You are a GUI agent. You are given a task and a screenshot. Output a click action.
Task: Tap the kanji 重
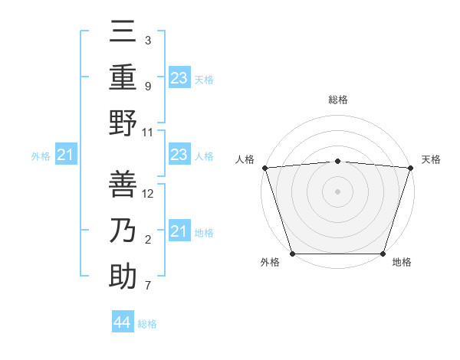coord(123,78)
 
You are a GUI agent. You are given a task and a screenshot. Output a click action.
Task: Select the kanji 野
coord(123,123)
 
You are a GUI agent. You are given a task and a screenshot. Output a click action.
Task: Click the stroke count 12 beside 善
coord(148,194)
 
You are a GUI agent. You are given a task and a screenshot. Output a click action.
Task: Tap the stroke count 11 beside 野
coord(148,132)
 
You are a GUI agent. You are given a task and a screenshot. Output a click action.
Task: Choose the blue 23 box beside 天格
coord(179,78)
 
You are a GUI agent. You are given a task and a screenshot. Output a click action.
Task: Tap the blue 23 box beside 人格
coord(179,155)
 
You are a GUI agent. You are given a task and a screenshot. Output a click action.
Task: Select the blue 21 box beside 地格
coord(179,231)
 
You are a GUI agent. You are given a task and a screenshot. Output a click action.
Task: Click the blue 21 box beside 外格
coord(66,155)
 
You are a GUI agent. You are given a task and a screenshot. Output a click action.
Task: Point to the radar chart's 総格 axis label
coord(337,100)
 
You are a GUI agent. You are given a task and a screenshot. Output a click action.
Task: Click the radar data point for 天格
coord(410,167)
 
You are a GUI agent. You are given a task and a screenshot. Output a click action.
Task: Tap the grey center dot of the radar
coord(337,191)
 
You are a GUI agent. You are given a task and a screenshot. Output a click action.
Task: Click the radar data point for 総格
coord(337,161)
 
